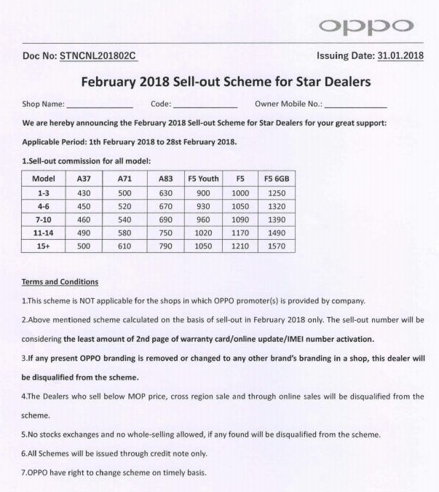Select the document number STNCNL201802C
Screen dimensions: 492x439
coord(98,56)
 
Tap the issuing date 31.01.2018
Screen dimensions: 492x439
coord(400,56)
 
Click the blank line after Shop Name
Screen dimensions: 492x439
coord(99,106)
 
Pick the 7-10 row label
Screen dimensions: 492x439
coord(43,219)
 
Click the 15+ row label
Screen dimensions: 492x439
coord(43,246)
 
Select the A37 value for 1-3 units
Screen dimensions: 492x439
coord(76,192)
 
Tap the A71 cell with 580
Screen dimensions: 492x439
coord(114,233)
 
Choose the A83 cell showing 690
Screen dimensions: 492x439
coord(155,219)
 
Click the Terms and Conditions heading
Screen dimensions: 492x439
coord(60,282)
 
